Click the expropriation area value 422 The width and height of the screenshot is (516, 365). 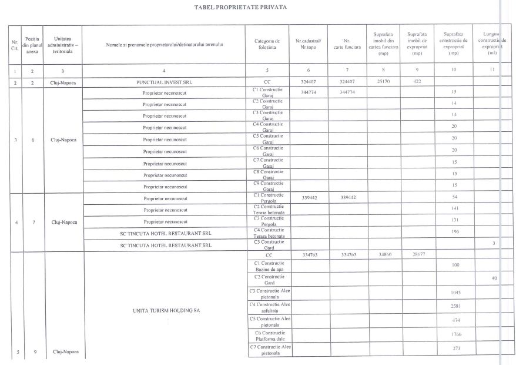[417, 82]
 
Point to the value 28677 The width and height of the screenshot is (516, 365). [417, 255]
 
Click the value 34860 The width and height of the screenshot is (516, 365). [384, 255]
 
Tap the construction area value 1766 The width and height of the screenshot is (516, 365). [454, 334]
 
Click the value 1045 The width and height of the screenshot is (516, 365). [454, 293]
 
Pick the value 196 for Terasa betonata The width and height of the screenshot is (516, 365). [454, 231]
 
